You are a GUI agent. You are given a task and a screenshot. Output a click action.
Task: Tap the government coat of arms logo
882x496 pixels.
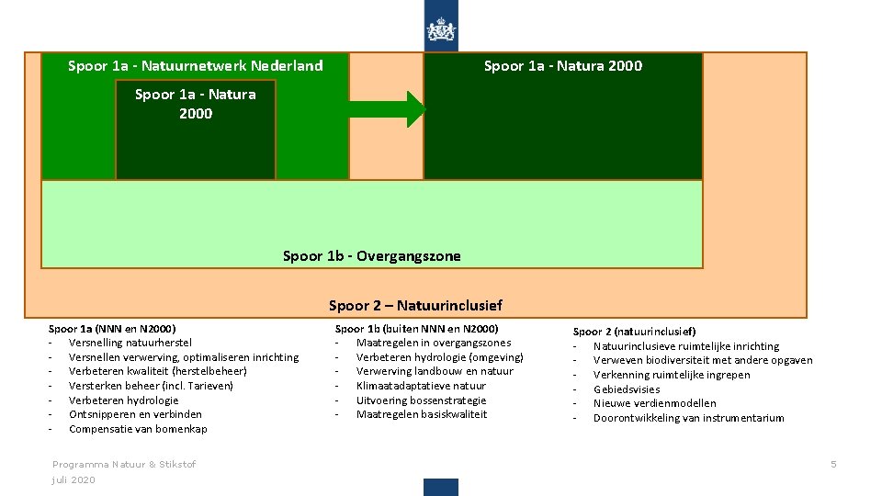tap(441, 30)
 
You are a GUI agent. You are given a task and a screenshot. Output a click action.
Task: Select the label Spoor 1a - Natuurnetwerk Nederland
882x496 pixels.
tap(196, 66)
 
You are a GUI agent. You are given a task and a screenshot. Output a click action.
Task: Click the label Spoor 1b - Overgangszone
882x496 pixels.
tap(372, 256)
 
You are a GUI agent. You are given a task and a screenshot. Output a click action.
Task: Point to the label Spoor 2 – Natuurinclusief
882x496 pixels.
tap(415, 305)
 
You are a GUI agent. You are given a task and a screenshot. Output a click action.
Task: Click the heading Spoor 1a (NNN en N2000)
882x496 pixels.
tap(112, 328)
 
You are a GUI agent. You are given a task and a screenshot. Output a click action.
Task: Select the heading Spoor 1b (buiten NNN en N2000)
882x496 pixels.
tap(417, 328)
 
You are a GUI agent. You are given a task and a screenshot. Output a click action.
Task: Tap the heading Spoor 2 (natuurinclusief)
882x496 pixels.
tap(634, 331)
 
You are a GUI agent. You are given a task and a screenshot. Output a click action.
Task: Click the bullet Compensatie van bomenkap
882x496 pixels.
tap(138, 429)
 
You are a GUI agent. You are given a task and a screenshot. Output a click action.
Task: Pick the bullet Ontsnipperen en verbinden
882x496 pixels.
tap(135, 414)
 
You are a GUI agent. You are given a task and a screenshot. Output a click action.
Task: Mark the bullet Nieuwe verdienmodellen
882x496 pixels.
tap(654, 403)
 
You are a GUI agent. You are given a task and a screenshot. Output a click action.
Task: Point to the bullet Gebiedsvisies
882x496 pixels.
tap(627, 389)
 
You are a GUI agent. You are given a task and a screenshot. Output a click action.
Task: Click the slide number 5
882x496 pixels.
tap(833, 464)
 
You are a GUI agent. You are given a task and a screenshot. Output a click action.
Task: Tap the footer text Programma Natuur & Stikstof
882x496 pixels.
tap(124, 465)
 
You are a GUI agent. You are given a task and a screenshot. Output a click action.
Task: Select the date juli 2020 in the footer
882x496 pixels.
tap(73, 480)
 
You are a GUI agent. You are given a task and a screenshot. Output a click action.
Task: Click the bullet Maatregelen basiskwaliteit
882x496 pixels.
tap(422, 414)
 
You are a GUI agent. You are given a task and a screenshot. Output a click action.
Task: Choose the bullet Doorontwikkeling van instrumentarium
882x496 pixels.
tap(688, 418)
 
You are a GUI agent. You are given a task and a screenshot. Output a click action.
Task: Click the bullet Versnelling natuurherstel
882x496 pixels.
tap(130, 343)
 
